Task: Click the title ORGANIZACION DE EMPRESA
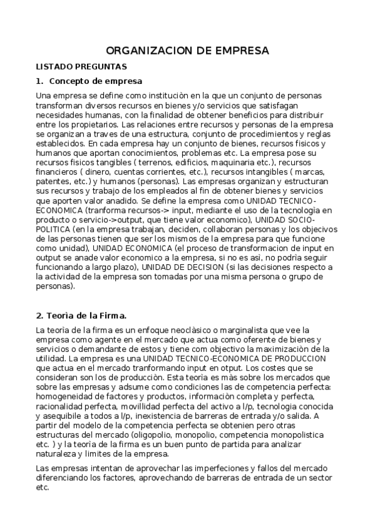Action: pos(187,50)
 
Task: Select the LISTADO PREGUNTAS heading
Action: pos(81,66)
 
